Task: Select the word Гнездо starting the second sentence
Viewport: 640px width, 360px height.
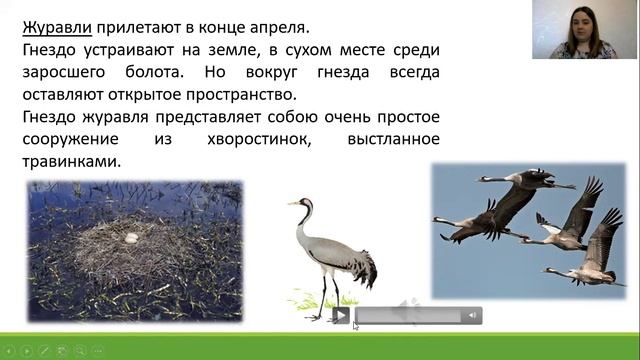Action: (51, 50)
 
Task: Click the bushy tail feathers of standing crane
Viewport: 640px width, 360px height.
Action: (364, 267)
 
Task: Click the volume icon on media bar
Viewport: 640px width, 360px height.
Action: (471, 316)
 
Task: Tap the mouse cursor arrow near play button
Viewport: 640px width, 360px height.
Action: (356, 325)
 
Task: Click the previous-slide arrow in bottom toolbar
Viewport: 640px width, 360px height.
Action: (10, 351)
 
